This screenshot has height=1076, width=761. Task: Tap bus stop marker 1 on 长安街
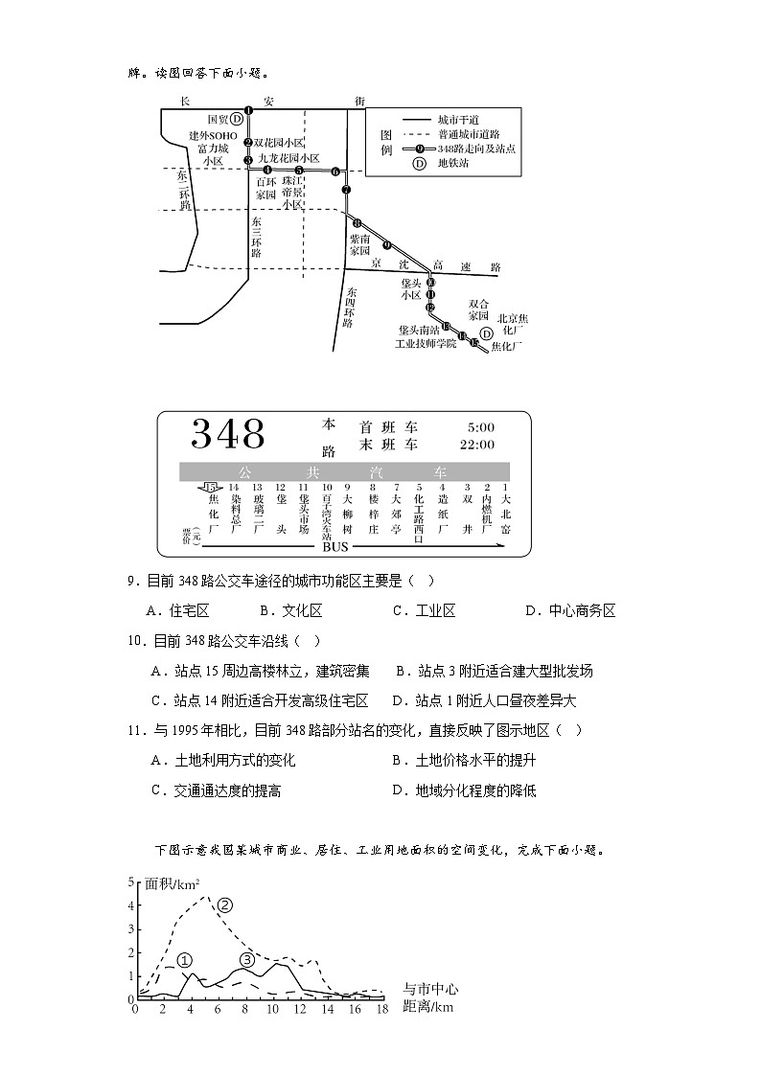[x=248, y=110]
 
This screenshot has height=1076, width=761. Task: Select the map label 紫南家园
[x=359, y=244]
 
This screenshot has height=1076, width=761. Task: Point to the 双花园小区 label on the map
[x=279, y=142]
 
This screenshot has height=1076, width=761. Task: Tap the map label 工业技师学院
[x=426, y=342]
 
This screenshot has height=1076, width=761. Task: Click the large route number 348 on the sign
[x=228, y=434]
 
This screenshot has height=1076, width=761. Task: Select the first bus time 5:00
[x=480, y=426]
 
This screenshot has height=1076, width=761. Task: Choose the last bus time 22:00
[x=477, y=445]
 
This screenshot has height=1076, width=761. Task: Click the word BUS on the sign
[x=335, y=547]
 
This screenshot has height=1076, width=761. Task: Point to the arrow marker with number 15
[x=211, y=489]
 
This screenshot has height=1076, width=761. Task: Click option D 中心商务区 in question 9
[x=570, y=610]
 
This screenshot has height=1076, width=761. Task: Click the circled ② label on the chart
[x=225, y=904]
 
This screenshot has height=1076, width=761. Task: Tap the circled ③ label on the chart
[x=247, y=960]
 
